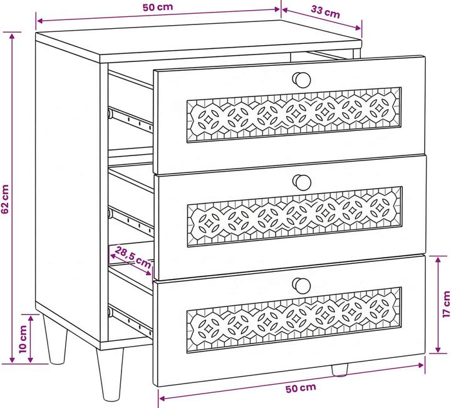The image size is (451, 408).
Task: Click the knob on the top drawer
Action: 301,80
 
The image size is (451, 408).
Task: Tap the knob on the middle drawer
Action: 302,182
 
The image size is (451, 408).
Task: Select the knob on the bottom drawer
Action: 301,285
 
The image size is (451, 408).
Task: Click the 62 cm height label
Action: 5,199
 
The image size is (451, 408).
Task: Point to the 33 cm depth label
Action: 325,12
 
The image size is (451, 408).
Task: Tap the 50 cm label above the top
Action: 158,7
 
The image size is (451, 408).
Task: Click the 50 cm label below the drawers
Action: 301,388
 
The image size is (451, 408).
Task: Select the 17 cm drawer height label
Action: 446,304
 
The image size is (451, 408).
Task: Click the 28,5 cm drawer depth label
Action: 133,257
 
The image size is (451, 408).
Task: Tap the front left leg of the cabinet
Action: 110,375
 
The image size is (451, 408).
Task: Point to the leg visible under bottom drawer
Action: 340,370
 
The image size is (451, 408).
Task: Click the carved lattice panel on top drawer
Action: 294,115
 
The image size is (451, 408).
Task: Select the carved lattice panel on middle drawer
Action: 294,216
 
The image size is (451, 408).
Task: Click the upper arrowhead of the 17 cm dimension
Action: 438,259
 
